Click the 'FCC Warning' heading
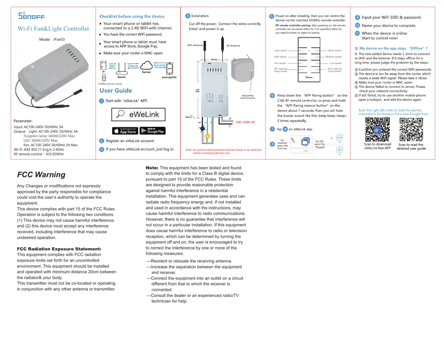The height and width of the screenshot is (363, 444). tap(41, 175)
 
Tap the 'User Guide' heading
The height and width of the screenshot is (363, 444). tap(115, 91)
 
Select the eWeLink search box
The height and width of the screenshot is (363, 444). tap(138, 114)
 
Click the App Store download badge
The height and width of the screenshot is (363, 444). tap(125, 131)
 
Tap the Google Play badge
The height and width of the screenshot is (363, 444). tap(152, 131)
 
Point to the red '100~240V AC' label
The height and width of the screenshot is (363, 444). tap(245, 122)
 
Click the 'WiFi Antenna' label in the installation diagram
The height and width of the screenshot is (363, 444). tap(195, 45)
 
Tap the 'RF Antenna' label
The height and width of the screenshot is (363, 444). tap(233, 45)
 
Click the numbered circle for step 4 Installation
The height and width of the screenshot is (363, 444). tap(188, 16)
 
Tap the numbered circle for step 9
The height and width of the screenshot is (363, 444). tap(357, 17)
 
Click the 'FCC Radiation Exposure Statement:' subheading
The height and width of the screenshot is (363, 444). tap(59, 249)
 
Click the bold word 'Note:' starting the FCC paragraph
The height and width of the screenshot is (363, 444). tap(152, 167)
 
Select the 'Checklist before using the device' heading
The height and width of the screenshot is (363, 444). tap(131, 16)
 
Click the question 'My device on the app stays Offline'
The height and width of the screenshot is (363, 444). tap(391, 48)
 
